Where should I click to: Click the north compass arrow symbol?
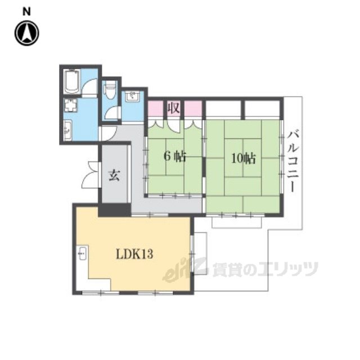pyautogui.click(x=27, y=33)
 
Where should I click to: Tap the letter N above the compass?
pyautogui.click(x=26, y=11)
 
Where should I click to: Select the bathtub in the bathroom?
pyautogui.click(x=72, y=82)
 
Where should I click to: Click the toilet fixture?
pyautogui.click(x=110, y=90)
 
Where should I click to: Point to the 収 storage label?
pyautogui.click(x=174, y=108)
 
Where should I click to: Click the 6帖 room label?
pyautogui.click(x=174, y=157)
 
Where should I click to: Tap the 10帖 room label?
pyautogui.click(x=243, y=158)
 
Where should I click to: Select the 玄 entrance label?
pyautogui.click(x=114, y=175)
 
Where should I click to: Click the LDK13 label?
pyautogui.click(x=134, y=254)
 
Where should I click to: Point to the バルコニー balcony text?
pyautogui.click(x=293, y=161)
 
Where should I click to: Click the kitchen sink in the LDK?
pyautogui.click(x=83, y=253)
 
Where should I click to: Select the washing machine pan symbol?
pyautogui.click(x=71, y=105)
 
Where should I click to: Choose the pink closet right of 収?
pyautogui.click(x=193, y=109)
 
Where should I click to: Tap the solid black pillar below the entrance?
pyautogui.click(x=115, y=210)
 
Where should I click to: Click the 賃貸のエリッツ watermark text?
pyautogui.click(x=265, y=269)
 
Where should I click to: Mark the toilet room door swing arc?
pyautogui.click(x=112, y=112)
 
